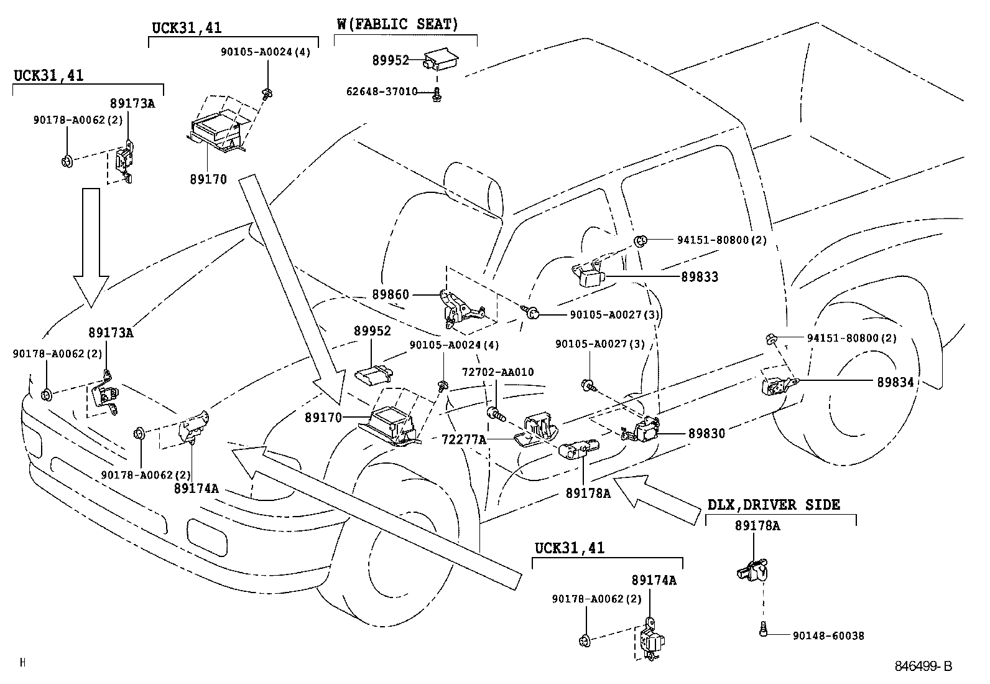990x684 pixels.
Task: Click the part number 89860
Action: click(391, 294)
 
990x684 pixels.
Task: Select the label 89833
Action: click(700, 277)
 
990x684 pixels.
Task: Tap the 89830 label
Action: click(706, 433)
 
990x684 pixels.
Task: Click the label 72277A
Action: click(463, 439)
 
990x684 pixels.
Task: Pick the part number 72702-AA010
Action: click(497, 372)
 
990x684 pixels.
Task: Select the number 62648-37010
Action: click(382, 92)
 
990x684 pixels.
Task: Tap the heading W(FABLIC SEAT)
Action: click(398, 25)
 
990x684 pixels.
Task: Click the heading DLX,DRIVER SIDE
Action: click(774, 504)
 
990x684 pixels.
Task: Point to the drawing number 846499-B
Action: click(923, 666)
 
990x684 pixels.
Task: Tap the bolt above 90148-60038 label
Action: click(762, 631)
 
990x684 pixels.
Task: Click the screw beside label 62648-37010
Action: click(437, 94)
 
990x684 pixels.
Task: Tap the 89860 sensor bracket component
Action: click(459, 307)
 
